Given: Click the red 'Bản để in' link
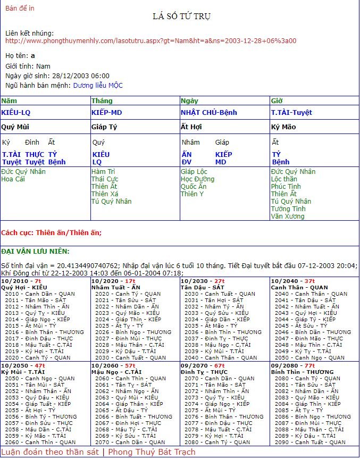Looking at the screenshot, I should [19, 8].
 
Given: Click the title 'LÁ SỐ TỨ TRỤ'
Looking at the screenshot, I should [181, 17].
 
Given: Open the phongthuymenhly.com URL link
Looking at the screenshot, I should [150, 40].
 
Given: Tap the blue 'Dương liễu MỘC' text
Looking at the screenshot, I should [98, 85].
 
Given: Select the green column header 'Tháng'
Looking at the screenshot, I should [102, 101].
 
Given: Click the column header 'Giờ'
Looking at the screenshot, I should [277, 101].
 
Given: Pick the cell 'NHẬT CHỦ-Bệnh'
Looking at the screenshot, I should [208, 113].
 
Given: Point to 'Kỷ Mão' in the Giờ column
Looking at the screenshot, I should [283, 127].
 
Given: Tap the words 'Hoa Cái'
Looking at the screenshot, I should [13, 179].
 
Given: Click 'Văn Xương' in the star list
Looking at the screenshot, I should [288, 216].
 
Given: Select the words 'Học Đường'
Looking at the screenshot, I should [197, 179].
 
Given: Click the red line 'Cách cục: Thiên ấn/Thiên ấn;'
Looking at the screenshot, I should [51, 232].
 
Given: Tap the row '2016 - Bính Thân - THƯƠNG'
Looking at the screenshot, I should [45, 332].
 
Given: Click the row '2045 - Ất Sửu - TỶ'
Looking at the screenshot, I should [313, 326].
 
